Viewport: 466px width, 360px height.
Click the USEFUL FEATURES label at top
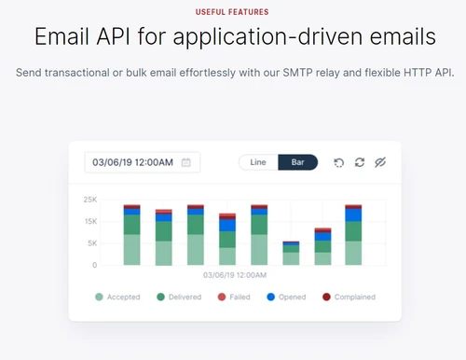coord(233,12)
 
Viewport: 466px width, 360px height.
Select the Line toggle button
coord(258,162)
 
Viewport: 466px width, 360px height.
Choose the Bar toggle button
coord(297,162)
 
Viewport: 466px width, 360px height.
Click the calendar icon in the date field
coord(186,162)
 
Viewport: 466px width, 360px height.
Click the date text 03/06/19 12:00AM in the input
coord(132,162)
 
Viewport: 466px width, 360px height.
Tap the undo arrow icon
coord(338,162)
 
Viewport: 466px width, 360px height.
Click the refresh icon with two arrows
coord(359,162)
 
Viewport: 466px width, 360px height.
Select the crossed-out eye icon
coord(379,162)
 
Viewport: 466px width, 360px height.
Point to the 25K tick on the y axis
coord(90,199)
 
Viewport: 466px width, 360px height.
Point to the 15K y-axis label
coord(90,221)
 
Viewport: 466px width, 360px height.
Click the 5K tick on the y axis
coord(92,243)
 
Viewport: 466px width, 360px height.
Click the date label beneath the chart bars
coord(236,275)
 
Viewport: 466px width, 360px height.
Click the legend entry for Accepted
coord(117,297)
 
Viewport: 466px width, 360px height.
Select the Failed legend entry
coord(235,297)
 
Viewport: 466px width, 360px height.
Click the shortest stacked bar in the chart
coord(292,253)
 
